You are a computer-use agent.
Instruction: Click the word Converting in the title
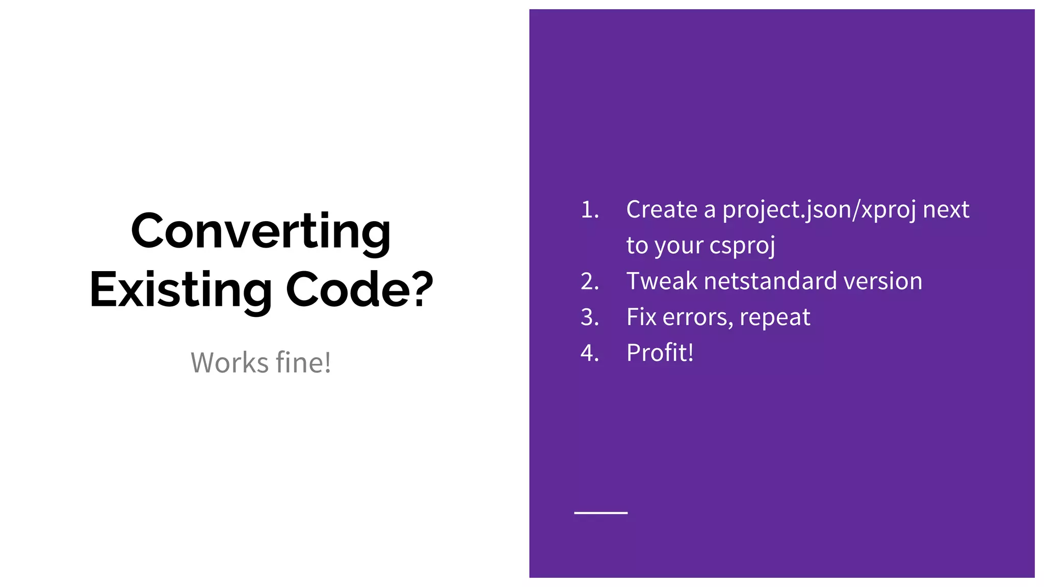[260, 232]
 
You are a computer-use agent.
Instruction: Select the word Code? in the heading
[359, 290]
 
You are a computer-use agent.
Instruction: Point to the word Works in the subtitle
[229, 363]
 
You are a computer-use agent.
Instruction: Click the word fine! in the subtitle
[303, 363]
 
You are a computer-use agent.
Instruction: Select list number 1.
[589, 210]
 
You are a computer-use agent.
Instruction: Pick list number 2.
[589, 282]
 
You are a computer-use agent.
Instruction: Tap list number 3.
[589, 317]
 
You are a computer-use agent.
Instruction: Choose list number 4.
[589, 353]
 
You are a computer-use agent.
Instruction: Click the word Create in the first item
[661, 209]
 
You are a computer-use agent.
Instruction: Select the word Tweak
[661, 281]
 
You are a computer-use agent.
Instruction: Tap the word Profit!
[660, 353]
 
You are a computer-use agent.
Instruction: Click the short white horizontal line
[601, 513]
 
